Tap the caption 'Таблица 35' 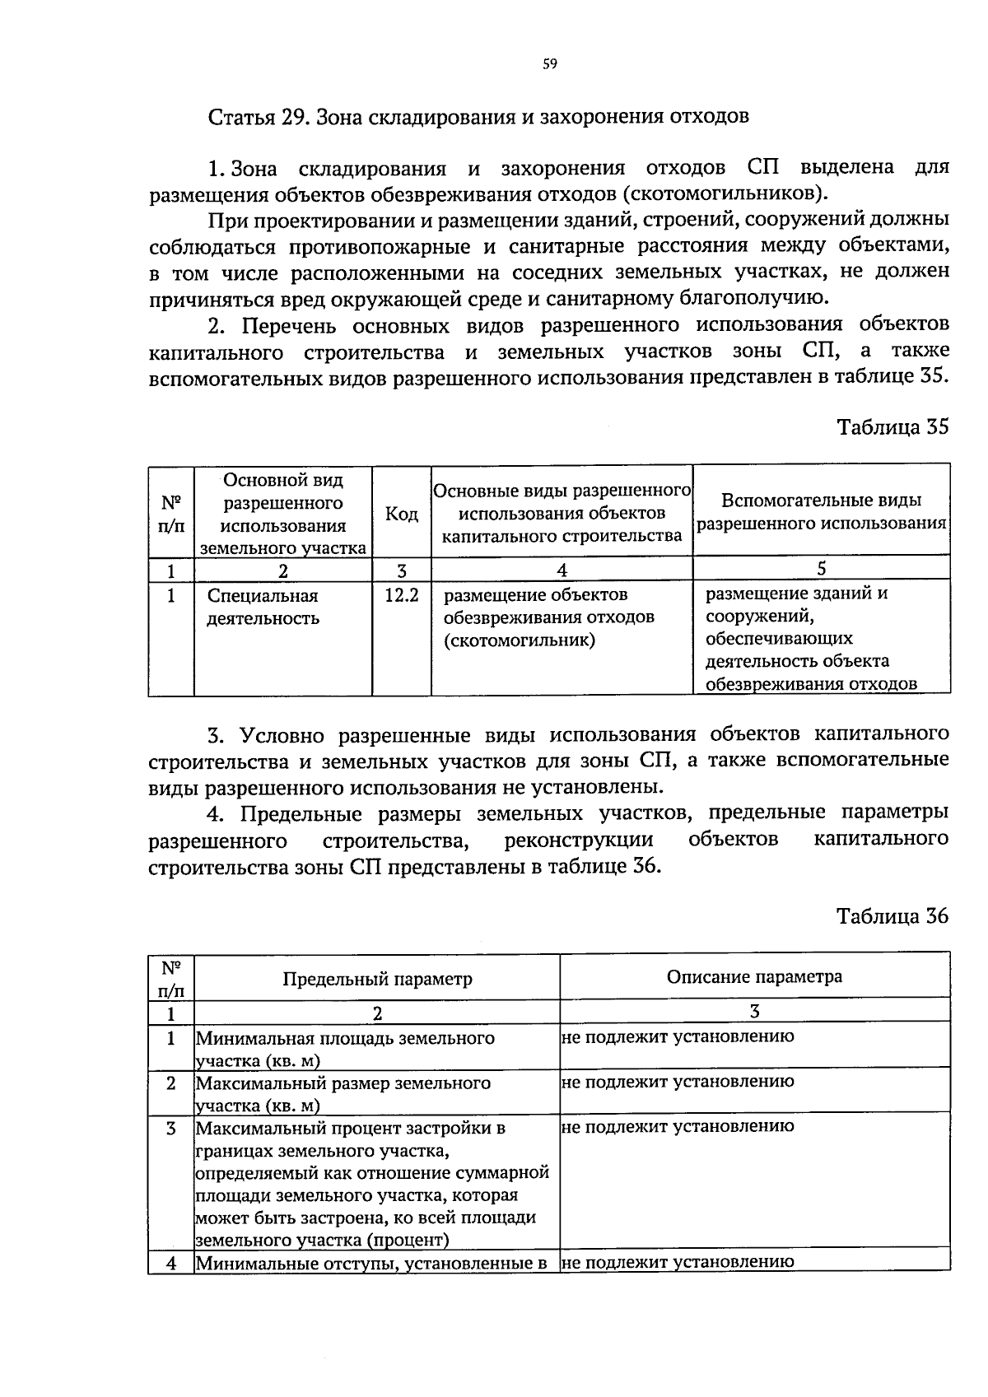click(x=892, y=427)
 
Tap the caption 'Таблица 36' click(x=892, y=916)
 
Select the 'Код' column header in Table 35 click(x=401, y=515)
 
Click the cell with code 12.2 click(x=401, y=594)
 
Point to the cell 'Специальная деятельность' click(x=263, y=607)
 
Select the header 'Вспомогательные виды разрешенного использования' click(x=821, y=512)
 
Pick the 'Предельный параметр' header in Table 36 click(x=377, y=979)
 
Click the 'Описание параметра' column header click(x=754, y=977)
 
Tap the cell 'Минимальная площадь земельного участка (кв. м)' click(x=345, y=1049)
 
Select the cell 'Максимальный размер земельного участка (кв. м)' click(x=343, y=1094)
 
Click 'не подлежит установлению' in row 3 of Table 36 click(x=678, y=1126)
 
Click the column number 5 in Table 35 click(x=821, y=569)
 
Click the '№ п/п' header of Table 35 click(x=170, y=513)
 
